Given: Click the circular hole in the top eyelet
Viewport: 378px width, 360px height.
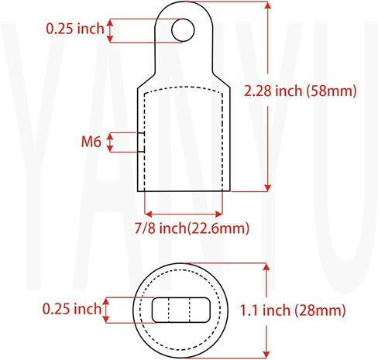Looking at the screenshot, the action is [x=183, y=30].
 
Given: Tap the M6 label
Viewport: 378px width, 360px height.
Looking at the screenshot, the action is [x=91, y=142].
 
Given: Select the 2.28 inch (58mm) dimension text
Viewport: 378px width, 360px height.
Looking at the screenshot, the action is [x=300, y=91].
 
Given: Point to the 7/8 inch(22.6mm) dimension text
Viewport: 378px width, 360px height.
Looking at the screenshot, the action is [x=192, y=228].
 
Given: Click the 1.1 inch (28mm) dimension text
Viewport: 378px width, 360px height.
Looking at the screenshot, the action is [x=293, y=310].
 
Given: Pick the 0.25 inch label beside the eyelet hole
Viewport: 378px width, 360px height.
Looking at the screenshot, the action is [x=75, y=29].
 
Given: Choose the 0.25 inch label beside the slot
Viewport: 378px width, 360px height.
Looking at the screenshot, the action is [x=71, y=309].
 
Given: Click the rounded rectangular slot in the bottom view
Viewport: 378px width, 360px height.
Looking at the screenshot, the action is [x=181, y=310].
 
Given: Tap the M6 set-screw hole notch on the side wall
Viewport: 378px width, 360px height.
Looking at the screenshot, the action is [x=141, y=142].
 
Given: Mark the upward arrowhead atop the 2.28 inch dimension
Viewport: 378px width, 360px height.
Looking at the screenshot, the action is [x=268, y=5].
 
